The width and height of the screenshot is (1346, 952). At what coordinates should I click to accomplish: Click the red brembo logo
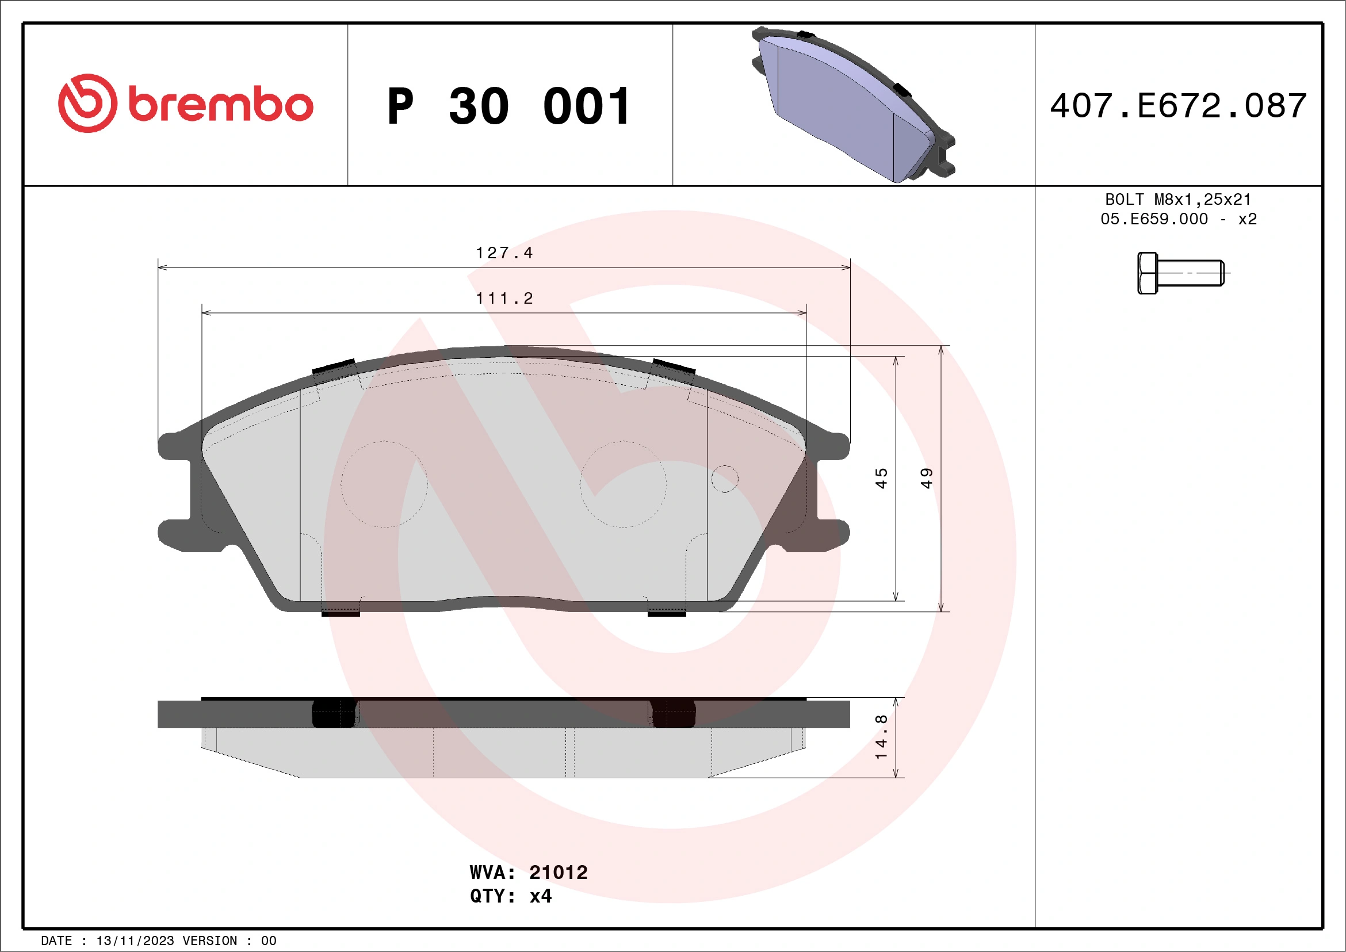(x=185, y=104)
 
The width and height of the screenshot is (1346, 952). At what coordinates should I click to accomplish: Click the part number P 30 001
(x=509, y=106)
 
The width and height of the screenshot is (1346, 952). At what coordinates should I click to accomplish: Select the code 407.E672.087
(x=1179, y=106)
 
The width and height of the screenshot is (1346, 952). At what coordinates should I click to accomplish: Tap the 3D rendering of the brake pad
(x=854, y=105)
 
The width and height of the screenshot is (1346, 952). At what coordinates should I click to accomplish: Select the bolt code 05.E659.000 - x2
(x=1178, y=219)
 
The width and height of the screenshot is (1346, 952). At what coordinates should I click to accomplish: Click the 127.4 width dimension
(x=504, y=253)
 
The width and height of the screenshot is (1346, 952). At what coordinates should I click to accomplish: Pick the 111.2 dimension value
(x=504, y=299)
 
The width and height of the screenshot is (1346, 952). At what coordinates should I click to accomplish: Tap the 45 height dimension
(x=881, y=479)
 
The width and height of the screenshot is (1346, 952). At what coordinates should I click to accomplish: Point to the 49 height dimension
(x=926, y=479)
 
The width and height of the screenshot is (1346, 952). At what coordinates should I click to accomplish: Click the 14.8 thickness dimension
(x=881, y=737)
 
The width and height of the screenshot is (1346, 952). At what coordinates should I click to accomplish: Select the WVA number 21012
(x=557, y=872)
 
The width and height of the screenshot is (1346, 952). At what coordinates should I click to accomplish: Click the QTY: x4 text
(x=511, y=896)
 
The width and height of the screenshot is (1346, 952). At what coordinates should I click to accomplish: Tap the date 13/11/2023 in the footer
(x=135, y=941)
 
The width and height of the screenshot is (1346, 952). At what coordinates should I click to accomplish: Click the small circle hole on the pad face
(x=725, y=479)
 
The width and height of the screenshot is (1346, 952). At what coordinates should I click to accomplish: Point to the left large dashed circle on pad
(x=385, y=484)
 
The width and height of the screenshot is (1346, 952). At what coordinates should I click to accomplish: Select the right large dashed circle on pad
(x=623, y=484)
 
